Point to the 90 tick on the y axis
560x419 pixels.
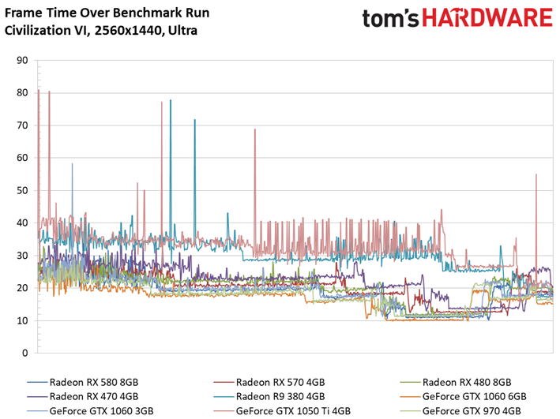[x=22, y=60]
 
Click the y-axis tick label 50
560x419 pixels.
[x=22, y=191]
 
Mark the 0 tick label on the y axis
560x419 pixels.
[x=24, y=353]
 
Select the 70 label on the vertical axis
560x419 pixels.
[x=22, y=125]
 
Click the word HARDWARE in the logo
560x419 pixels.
[x=487, y=18]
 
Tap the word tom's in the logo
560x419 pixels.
[x=390, y=19]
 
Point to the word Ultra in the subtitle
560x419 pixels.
[x=182, y=30]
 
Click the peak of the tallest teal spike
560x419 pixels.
[x=171, y=100]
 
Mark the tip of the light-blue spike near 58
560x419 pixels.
[x=72, y=164]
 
